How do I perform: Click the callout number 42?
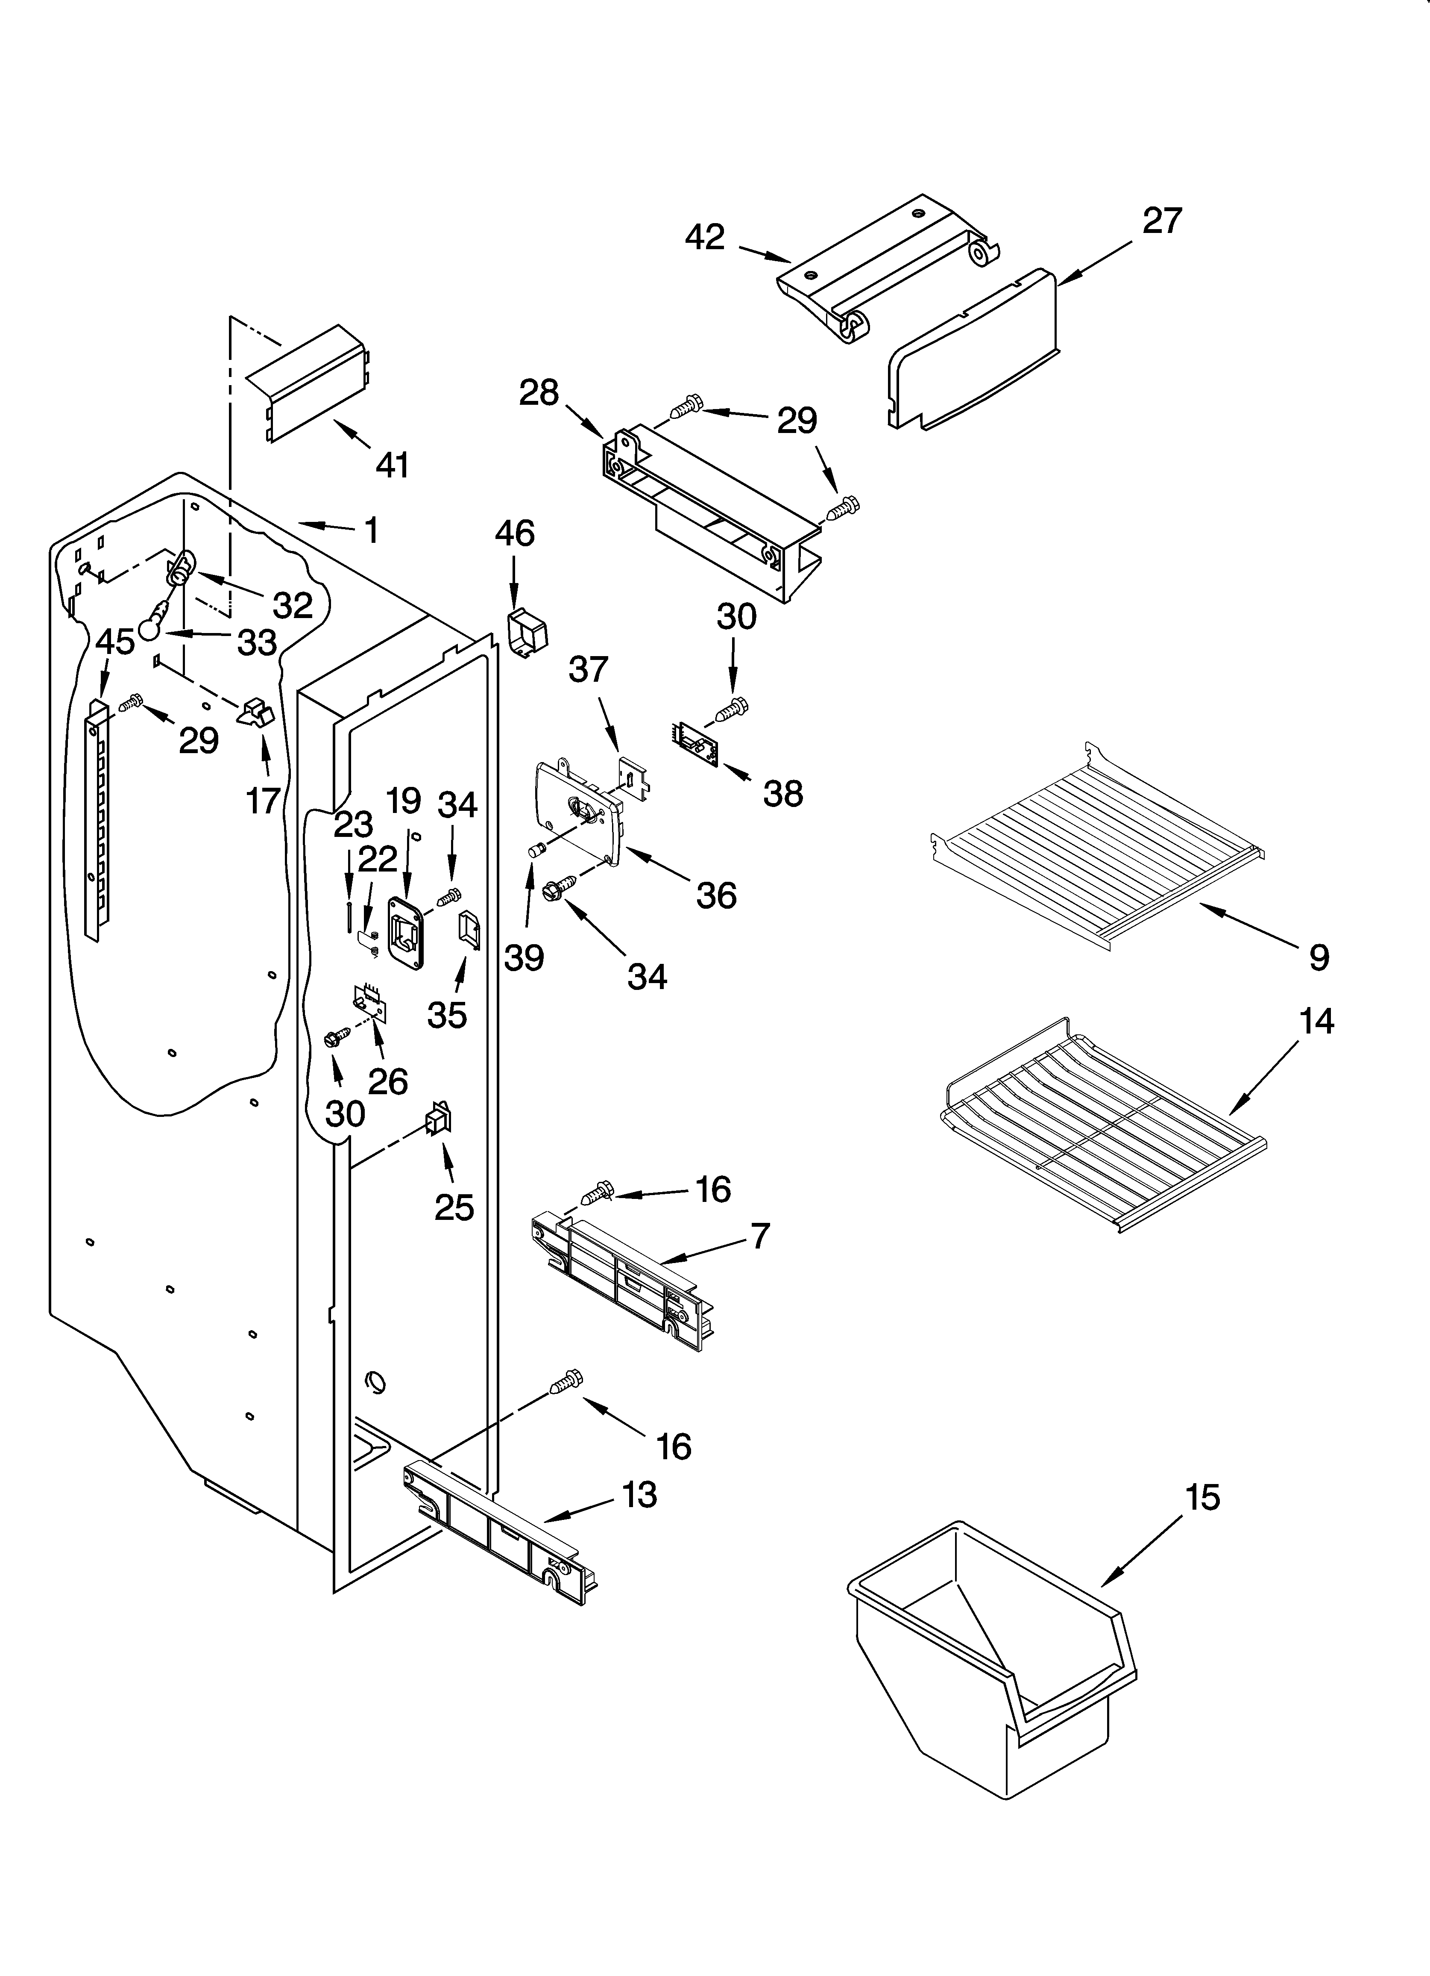tap(705, 237)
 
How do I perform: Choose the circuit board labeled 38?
tap(697, 743)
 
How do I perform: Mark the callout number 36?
tap(716, 895)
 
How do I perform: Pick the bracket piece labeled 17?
tap(255, 713)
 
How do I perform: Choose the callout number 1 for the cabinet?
tap(371, 530)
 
